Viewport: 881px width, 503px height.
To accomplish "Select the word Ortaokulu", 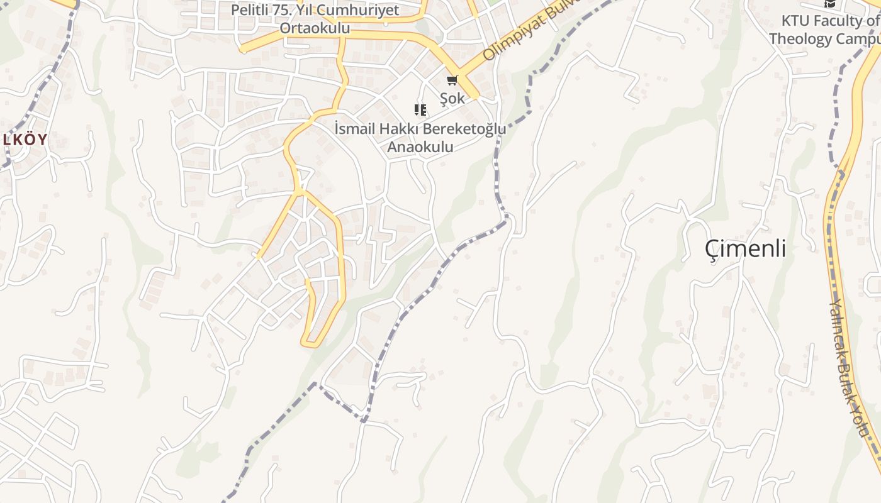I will point(315,28).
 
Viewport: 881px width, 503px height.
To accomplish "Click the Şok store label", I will point(452,98).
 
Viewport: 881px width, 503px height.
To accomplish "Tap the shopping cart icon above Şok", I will point(452,80).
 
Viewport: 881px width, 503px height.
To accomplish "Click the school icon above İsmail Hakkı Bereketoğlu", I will point(420,111).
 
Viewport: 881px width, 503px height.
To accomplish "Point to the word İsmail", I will point(354,129).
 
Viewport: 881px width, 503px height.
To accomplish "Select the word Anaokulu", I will point(420,147).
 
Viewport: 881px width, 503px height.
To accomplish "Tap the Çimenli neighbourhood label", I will point(746,249).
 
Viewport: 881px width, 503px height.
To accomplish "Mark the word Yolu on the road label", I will point(860,418).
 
